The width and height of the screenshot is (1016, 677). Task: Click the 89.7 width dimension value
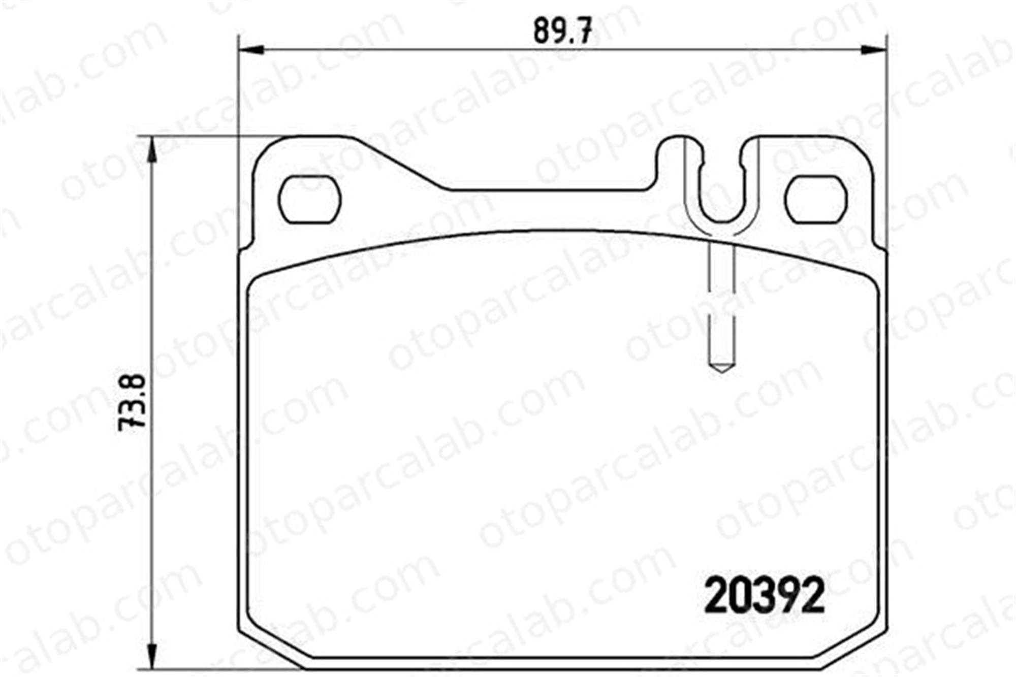[563, 31]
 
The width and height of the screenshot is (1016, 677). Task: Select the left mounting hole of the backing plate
[310, 199]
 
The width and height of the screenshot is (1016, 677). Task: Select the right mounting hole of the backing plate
[816, 199]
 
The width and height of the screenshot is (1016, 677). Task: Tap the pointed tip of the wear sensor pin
[722, 372]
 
